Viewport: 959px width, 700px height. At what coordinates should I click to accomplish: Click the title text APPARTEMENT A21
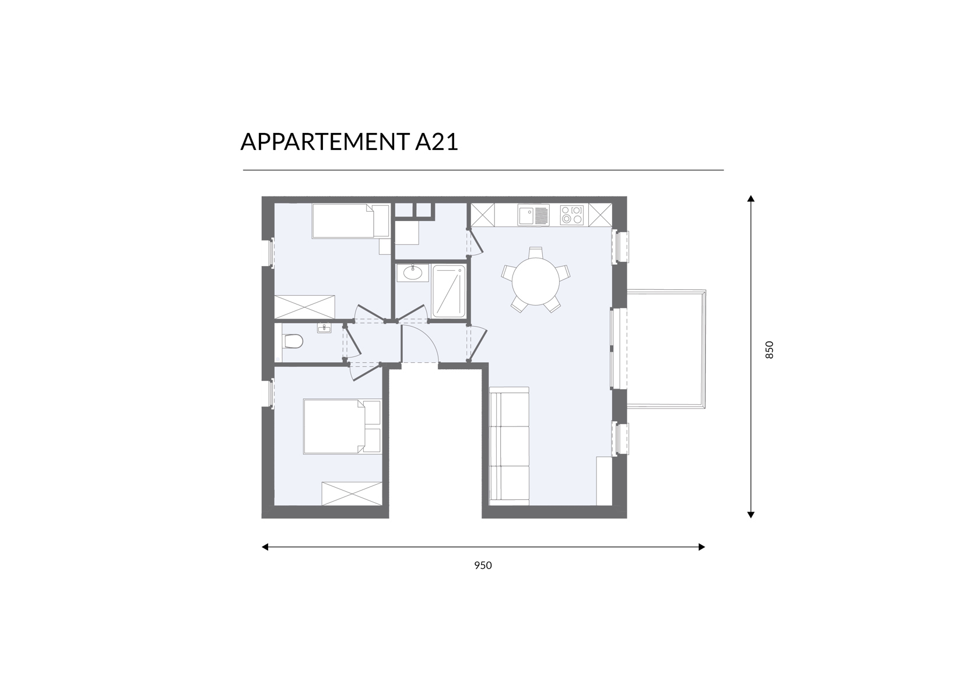(349, 142)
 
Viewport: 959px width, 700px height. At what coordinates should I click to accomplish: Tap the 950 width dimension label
(483, 565)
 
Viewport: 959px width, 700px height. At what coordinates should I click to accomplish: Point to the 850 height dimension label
(770, 349)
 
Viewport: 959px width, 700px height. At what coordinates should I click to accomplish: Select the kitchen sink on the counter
(533, 215)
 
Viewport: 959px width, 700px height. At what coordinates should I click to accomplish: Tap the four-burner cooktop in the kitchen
(572, 215)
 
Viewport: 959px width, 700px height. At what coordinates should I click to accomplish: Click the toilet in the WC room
(293, 341)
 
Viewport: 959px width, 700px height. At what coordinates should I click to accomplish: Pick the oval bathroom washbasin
(413, 272)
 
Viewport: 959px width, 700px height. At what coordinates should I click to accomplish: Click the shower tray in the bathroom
(449, 292)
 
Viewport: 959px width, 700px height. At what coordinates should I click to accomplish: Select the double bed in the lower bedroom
(342, 426)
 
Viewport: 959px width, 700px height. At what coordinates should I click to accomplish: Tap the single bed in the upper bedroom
(350, 221)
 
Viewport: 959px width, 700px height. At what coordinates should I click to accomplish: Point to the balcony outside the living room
(666, 349)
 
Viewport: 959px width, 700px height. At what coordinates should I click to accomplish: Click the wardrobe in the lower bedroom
(352, 494)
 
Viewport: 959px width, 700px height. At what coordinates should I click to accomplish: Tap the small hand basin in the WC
(324, 328)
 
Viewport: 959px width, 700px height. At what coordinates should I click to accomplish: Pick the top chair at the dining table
(536, 253)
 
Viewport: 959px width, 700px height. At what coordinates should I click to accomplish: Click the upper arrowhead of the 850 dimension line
(750, 198)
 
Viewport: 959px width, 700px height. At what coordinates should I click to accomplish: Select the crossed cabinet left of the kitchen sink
(483, 215)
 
